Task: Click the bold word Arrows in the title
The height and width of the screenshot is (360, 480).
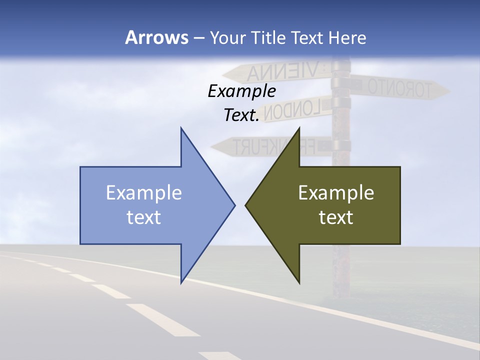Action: click(156, 38)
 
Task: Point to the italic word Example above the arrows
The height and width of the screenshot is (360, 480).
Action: click(242, 91)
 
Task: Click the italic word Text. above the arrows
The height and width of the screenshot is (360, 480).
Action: click(241, 115)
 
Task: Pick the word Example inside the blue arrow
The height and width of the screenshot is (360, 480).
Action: click(144, 193)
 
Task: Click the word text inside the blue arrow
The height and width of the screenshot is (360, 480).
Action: click(144, 217)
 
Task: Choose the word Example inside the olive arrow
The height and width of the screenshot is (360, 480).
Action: click(336, 193)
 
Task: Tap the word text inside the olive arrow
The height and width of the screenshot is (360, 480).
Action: click(336, 217)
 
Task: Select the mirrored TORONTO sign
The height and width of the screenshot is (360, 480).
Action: click(400, 88)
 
